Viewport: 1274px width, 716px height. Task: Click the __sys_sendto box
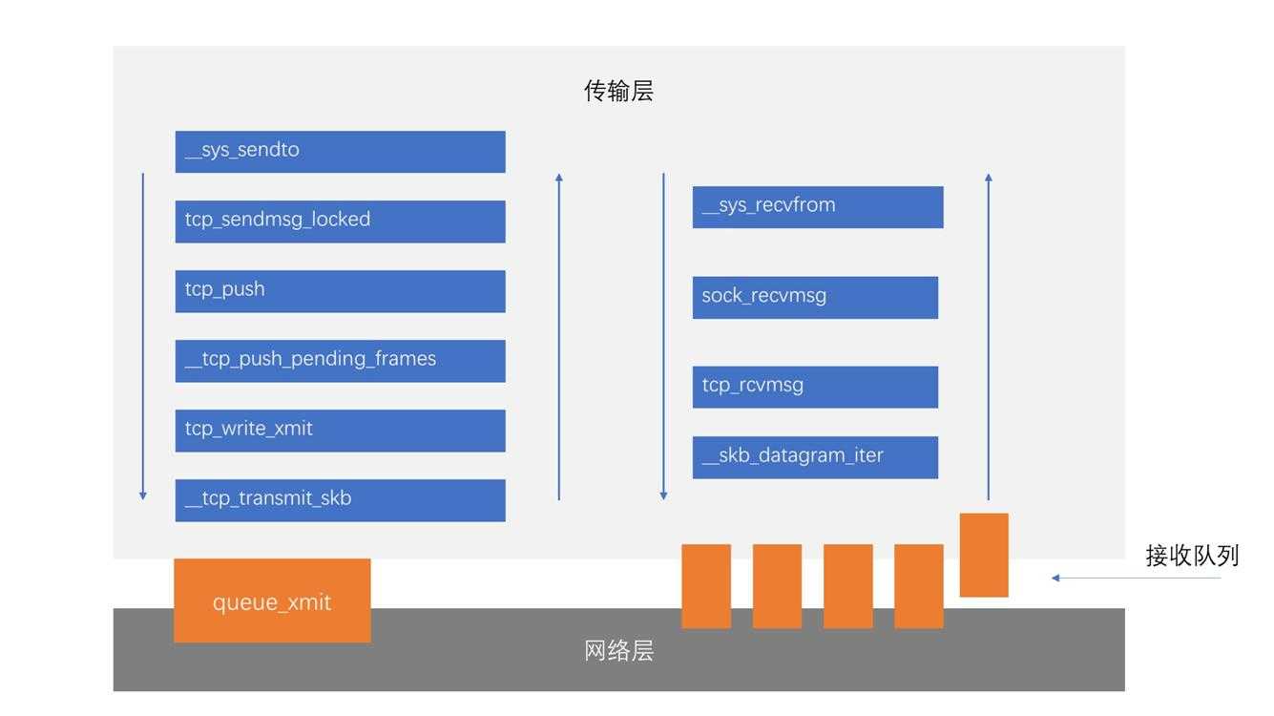(x=340, y=152)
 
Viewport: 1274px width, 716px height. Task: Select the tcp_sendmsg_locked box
(x=340, y=221)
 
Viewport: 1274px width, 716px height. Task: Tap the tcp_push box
(x=340, y=291)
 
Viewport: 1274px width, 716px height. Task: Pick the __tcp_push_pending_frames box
(x=340, y=361)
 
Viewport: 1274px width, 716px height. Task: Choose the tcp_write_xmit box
(x=340, y=431)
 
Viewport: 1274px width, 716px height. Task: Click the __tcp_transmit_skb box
(x=340, y=500)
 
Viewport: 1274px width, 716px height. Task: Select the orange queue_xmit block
(x=272, y=600)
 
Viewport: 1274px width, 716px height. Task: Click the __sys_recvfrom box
(x=818, y=207)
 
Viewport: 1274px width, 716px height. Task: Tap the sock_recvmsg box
(x=815, y=297)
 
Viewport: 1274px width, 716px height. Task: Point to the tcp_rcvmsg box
(x=815, y=387)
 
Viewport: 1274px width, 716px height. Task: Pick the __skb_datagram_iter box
(x=815, y=457)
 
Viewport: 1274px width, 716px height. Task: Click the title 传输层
(x=618, y=92)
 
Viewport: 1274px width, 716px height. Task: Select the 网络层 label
(x=618, y=651)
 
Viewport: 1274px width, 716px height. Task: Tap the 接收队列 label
(x=1192, y=556)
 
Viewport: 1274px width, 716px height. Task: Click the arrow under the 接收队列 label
(x=1136, y=578)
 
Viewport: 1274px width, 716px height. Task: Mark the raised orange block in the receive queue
(x=984, y=555)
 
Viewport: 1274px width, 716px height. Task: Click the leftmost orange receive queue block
(x=706, y=586)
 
